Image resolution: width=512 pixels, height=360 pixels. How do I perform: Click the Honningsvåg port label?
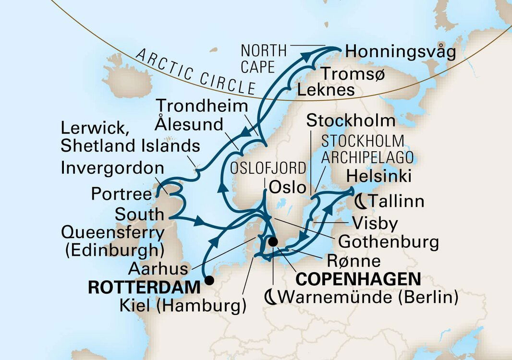click(400, 52)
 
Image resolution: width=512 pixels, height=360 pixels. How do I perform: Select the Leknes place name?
click(326, 90)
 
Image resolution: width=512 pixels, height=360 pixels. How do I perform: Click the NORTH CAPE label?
click(264, 59)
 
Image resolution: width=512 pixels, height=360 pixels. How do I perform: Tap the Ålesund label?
click(189, 124)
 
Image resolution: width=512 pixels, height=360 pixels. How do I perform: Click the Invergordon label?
click(112, 169)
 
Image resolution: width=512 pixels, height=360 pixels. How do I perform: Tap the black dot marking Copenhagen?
click(273, 242)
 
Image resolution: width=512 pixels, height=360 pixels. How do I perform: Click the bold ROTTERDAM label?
click(144, 288)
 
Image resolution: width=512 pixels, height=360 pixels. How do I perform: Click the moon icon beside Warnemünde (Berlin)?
click(271, 298)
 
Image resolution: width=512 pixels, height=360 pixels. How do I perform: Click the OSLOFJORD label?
click(268, 168)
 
